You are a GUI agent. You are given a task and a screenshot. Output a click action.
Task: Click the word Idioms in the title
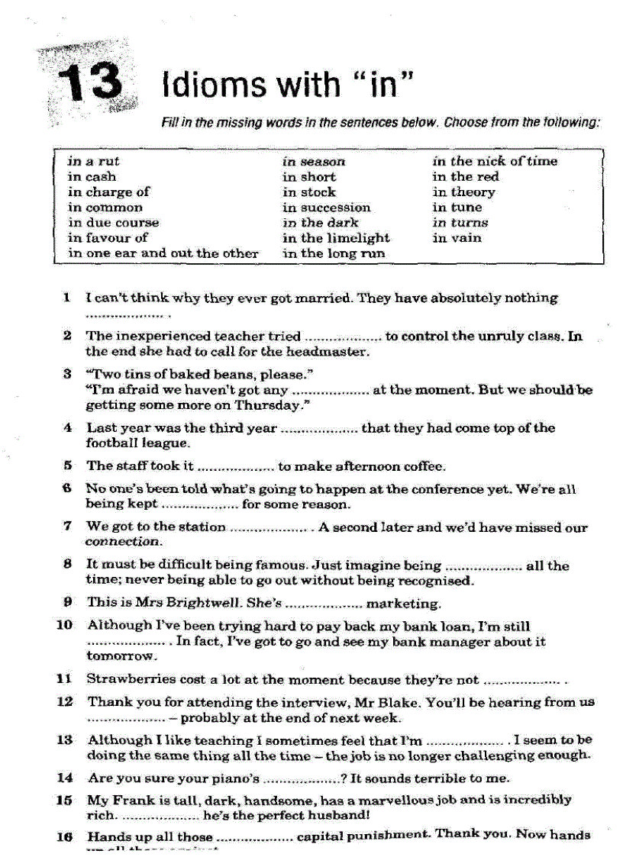[208, 83]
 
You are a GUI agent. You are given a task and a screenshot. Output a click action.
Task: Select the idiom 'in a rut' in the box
[93, 161]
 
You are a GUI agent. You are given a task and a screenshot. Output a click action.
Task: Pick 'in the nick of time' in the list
[495, 161]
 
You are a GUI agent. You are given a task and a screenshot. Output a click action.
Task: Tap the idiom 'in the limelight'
[335, 238]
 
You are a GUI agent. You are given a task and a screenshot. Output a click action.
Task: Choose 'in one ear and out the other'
[163, 253]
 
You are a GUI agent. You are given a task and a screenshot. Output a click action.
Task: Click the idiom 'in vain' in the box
[457, 238]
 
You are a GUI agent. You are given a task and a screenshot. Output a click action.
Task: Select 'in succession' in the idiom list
[326, 208]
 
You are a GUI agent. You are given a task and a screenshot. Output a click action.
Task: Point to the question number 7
[68, 526]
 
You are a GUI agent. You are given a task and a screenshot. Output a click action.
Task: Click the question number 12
[66, 701]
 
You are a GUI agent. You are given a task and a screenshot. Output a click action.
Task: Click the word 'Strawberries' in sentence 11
[124, 678]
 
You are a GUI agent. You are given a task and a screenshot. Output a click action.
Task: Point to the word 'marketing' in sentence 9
[403, 603]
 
